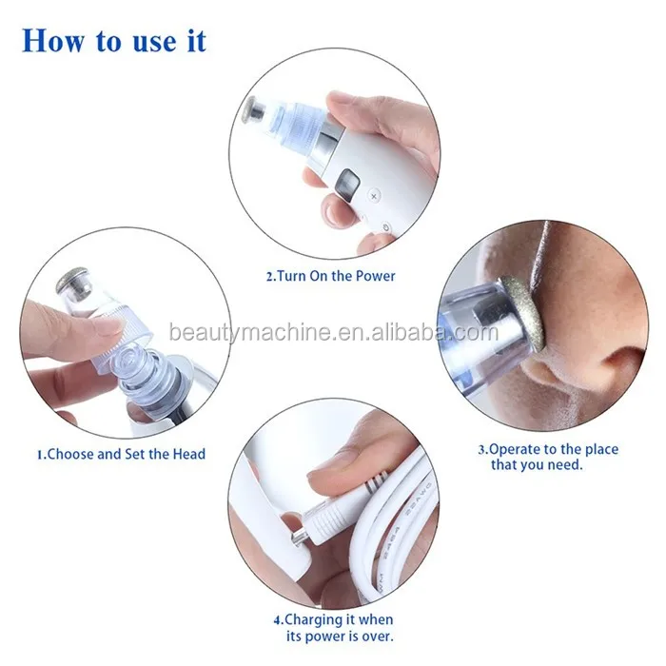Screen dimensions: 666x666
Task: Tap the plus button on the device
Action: (x=373, y=194)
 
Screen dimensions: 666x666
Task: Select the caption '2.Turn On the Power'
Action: (x=329, y=277)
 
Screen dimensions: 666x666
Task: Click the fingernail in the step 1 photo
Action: (x=106, y=327)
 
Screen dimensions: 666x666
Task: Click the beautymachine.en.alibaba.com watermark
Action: (x=333, y=334)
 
